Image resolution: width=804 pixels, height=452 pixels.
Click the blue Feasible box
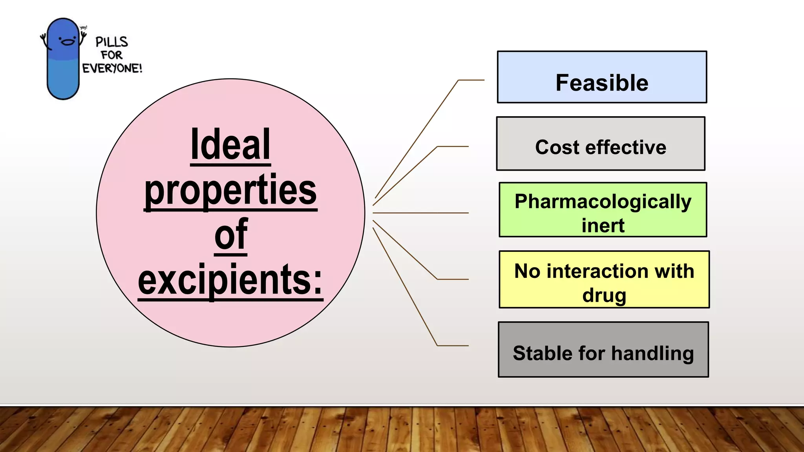(x=602, y=77)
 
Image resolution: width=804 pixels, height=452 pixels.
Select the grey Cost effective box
(x=600, y=144)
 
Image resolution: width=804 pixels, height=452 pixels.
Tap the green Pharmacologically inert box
(x=603, y=210)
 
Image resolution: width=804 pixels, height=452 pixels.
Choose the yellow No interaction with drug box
(x=604, y=279)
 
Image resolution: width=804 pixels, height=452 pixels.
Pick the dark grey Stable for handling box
(x=603, y=349)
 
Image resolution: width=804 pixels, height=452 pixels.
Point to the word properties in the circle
(x=230, y=190)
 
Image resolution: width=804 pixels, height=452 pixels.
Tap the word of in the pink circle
(x=231, y=235)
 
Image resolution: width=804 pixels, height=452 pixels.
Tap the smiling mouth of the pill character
(x=67, y=42)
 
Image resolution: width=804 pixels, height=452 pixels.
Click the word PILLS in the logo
(x=112, y=42)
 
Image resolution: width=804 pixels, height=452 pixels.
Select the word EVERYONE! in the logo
(x=112, y=68)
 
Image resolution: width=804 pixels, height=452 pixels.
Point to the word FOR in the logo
(x=112, y=55)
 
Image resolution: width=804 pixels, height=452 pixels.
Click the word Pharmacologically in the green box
(x=603, y=202)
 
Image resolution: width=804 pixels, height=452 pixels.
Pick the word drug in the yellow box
(x=604, y=295)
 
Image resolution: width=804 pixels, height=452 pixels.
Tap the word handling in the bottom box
(x=652, y=353)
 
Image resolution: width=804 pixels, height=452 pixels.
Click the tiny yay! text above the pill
(x=83, y=27)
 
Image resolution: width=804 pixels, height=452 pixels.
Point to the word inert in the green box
(x=603, y=226)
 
